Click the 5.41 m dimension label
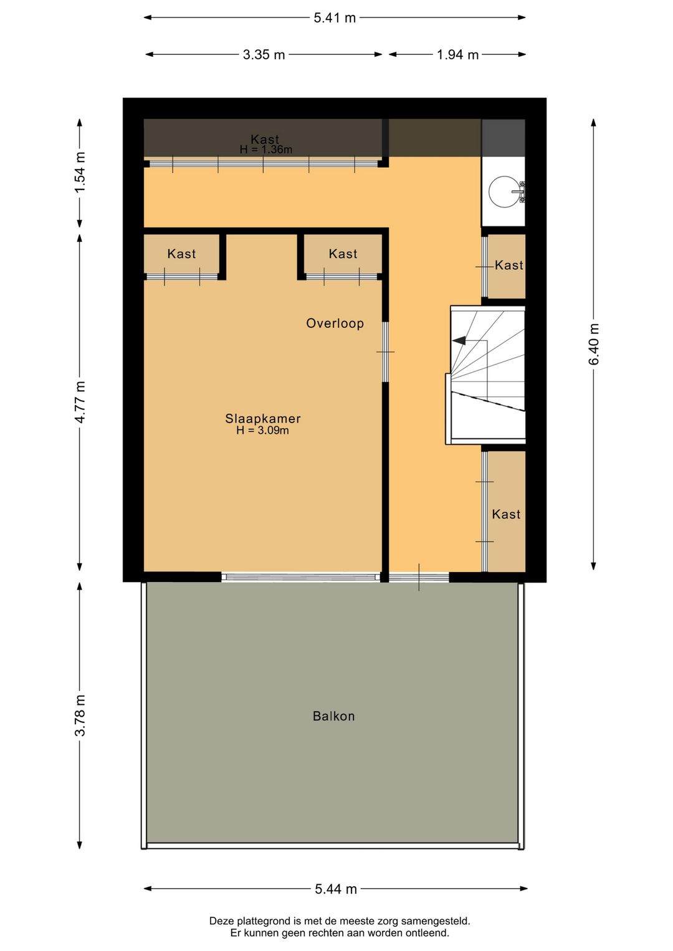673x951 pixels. (335, 18)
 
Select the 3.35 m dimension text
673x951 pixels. (264, 55)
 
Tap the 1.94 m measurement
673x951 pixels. (458, 55)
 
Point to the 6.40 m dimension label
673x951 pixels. (593, 344)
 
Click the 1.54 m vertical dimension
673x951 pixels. (80, 172)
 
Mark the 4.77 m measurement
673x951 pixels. (80, 402)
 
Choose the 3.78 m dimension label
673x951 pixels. (80, 715)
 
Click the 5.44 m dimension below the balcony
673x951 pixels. (336, 889)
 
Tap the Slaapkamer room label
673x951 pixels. (263, 419)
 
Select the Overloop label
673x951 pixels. (335, 323)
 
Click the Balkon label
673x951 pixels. (334, 716)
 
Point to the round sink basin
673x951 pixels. (504, 191)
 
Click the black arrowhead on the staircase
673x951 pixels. (459, 340)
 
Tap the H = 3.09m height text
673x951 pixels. (263, 431)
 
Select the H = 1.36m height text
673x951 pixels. (266, 150)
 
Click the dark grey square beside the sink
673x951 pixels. (503, 138)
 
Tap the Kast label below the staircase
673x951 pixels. (506, 515)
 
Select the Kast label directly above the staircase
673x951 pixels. (508, 265)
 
